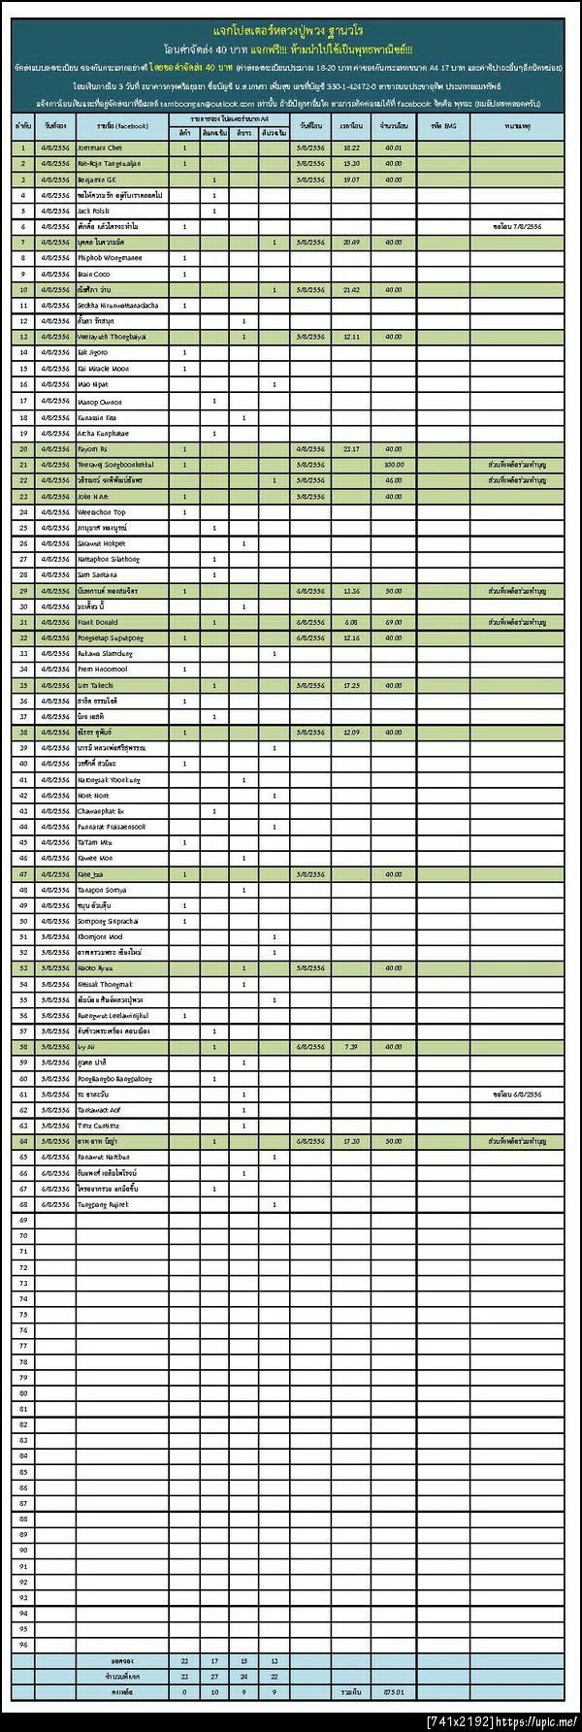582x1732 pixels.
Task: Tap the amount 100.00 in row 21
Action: [x=394, y=465]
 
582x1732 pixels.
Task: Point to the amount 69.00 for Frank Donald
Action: [x=393, y=622]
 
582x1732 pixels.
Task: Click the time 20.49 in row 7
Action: [x=351, y=243]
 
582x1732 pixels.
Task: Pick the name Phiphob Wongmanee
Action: [x=110, y=258]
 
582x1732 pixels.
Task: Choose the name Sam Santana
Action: [x=97, y=574]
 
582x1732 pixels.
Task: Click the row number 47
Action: [x=23, y=874]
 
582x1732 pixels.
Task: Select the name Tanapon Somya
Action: [x=102, y=890]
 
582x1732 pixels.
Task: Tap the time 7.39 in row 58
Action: [x=351, y=1047]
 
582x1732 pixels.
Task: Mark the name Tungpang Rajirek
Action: [x=103, y=1204]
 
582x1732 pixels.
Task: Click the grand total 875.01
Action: [x=393, y=1691]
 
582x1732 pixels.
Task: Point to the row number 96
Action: [x=23, y=1645]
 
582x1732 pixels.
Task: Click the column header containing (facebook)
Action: [x=122, y=126]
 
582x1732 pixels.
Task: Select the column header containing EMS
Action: [x=443, y=126]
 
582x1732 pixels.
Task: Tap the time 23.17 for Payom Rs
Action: [x=351, y=449]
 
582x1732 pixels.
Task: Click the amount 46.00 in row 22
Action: [x=393, y=480]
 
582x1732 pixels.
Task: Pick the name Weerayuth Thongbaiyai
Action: [x=112, y=337]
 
